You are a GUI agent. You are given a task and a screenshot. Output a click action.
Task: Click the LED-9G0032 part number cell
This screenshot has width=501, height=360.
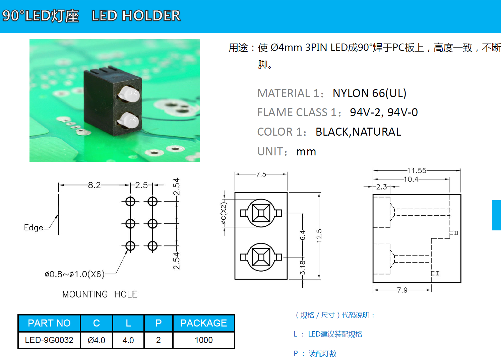point(49,340)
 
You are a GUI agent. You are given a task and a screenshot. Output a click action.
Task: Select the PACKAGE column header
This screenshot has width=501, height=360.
point(203,323)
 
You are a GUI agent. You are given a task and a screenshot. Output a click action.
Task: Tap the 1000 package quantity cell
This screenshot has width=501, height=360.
point(203,340)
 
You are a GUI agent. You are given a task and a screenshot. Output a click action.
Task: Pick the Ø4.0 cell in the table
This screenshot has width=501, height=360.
point(96,340)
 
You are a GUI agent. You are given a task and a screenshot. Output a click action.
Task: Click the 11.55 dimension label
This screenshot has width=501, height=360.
point(417,170)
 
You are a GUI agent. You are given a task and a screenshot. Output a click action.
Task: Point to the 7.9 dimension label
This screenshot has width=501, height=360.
point(402,290)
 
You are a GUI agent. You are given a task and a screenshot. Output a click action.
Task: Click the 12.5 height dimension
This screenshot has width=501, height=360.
point(319,235)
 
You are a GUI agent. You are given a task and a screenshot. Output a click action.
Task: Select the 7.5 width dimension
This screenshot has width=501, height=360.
point(261,174)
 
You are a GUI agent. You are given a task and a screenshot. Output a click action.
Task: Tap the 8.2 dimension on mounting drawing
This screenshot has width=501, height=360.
point(94,185)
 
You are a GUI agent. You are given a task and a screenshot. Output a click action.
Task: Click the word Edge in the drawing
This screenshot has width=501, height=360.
point(34,228)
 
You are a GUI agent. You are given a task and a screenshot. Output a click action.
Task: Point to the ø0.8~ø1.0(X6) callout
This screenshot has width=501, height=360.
point(74,274)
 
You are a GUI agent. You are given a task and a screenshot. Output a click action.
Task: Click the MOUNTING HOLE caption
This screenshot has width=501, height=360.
point(100,294)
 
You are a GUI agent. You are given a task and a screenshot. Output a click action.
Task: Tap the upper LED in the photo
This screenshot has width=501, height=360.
point(129,94)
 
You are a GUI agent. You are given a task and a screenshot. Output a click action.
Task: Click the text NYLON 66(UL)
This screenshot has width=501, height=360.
point(369,93)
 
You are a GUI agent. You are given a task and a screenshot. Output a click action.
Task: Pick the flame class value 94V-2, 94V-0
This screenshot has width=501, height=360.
point(384,113)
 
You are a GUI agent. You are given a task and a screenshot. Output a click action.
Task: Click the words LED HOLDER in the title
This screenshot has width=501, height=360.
point(136,16)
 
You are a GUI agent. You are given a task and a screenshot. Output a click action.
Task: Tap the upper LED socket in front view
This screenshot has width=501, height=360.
point(261,213)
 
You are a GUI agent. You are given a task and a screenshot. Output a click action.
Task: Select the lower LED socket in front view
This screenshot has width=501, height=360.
point(261,257)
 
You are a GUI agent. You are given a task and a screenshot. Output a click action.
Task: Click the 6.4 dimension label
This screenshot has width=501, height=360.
point(303,235)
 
